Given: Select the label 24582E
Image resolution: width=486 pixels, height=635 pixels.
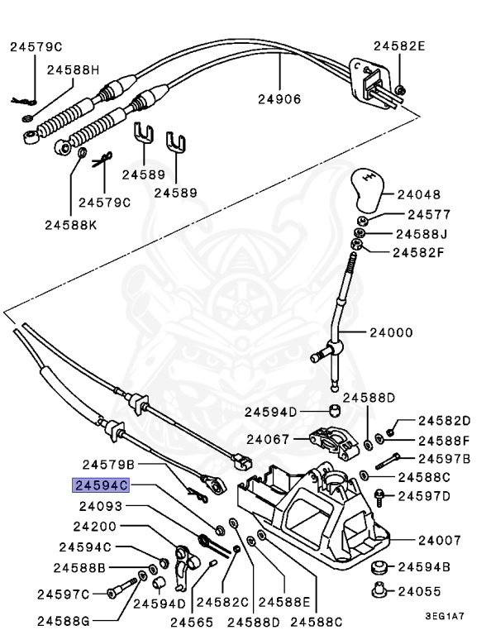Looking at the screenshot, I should tap(398, 46).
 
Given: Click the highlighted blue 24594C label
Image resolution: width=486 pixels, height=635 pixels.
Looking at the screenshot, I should tap(102, 487).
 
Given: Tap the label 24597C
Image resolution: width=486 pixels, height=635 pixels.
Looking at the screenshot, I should tap(63, 593).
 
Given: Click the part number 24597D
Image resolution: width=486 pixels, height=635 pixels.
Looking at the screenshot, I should tap(424, 496).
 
